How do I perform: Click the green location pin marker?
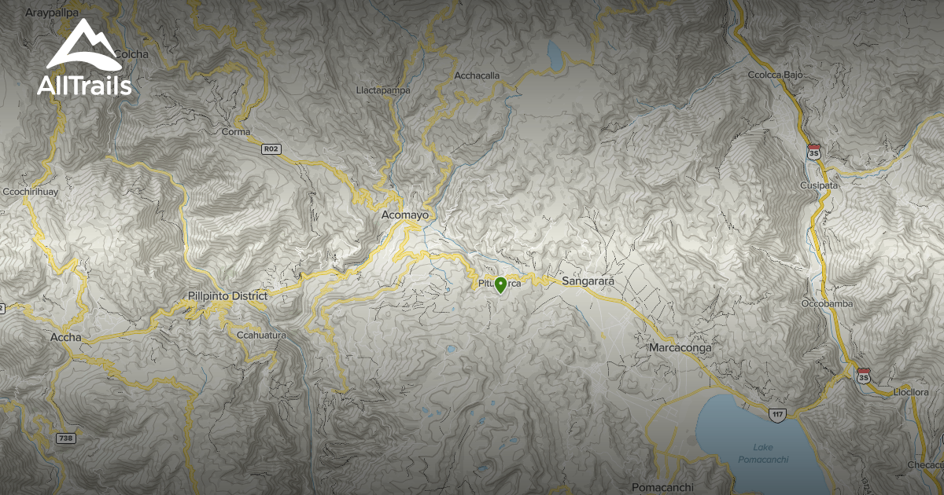[x=500, y=285]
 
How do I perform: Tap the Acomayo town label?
[x=404, y=214]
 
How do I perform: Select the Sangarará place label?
[x=588, y=280]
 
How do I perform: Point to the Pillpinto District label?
[x=228, y=296]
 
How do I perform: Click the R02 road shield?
[x=271, y=148]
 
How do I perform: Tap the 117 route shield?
[x=778, y=414]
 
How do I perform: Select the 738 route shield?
[x=66, y=438]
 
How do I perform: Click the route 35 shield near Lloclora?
[x=864, y=376]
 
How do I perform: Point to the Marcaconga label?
[x=681, y=347]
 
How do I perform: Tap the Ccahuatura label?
[x=260, y=335]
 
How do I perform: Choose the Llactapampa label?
[x=383, y=90]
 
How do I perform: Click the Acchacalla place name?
[x=477, y=75]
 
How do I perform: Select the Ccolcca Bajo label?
[x=775, y=75]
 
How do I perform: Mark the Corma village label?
[x=236, y=132]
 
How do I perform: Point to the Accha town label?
[x=65, y=338]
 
